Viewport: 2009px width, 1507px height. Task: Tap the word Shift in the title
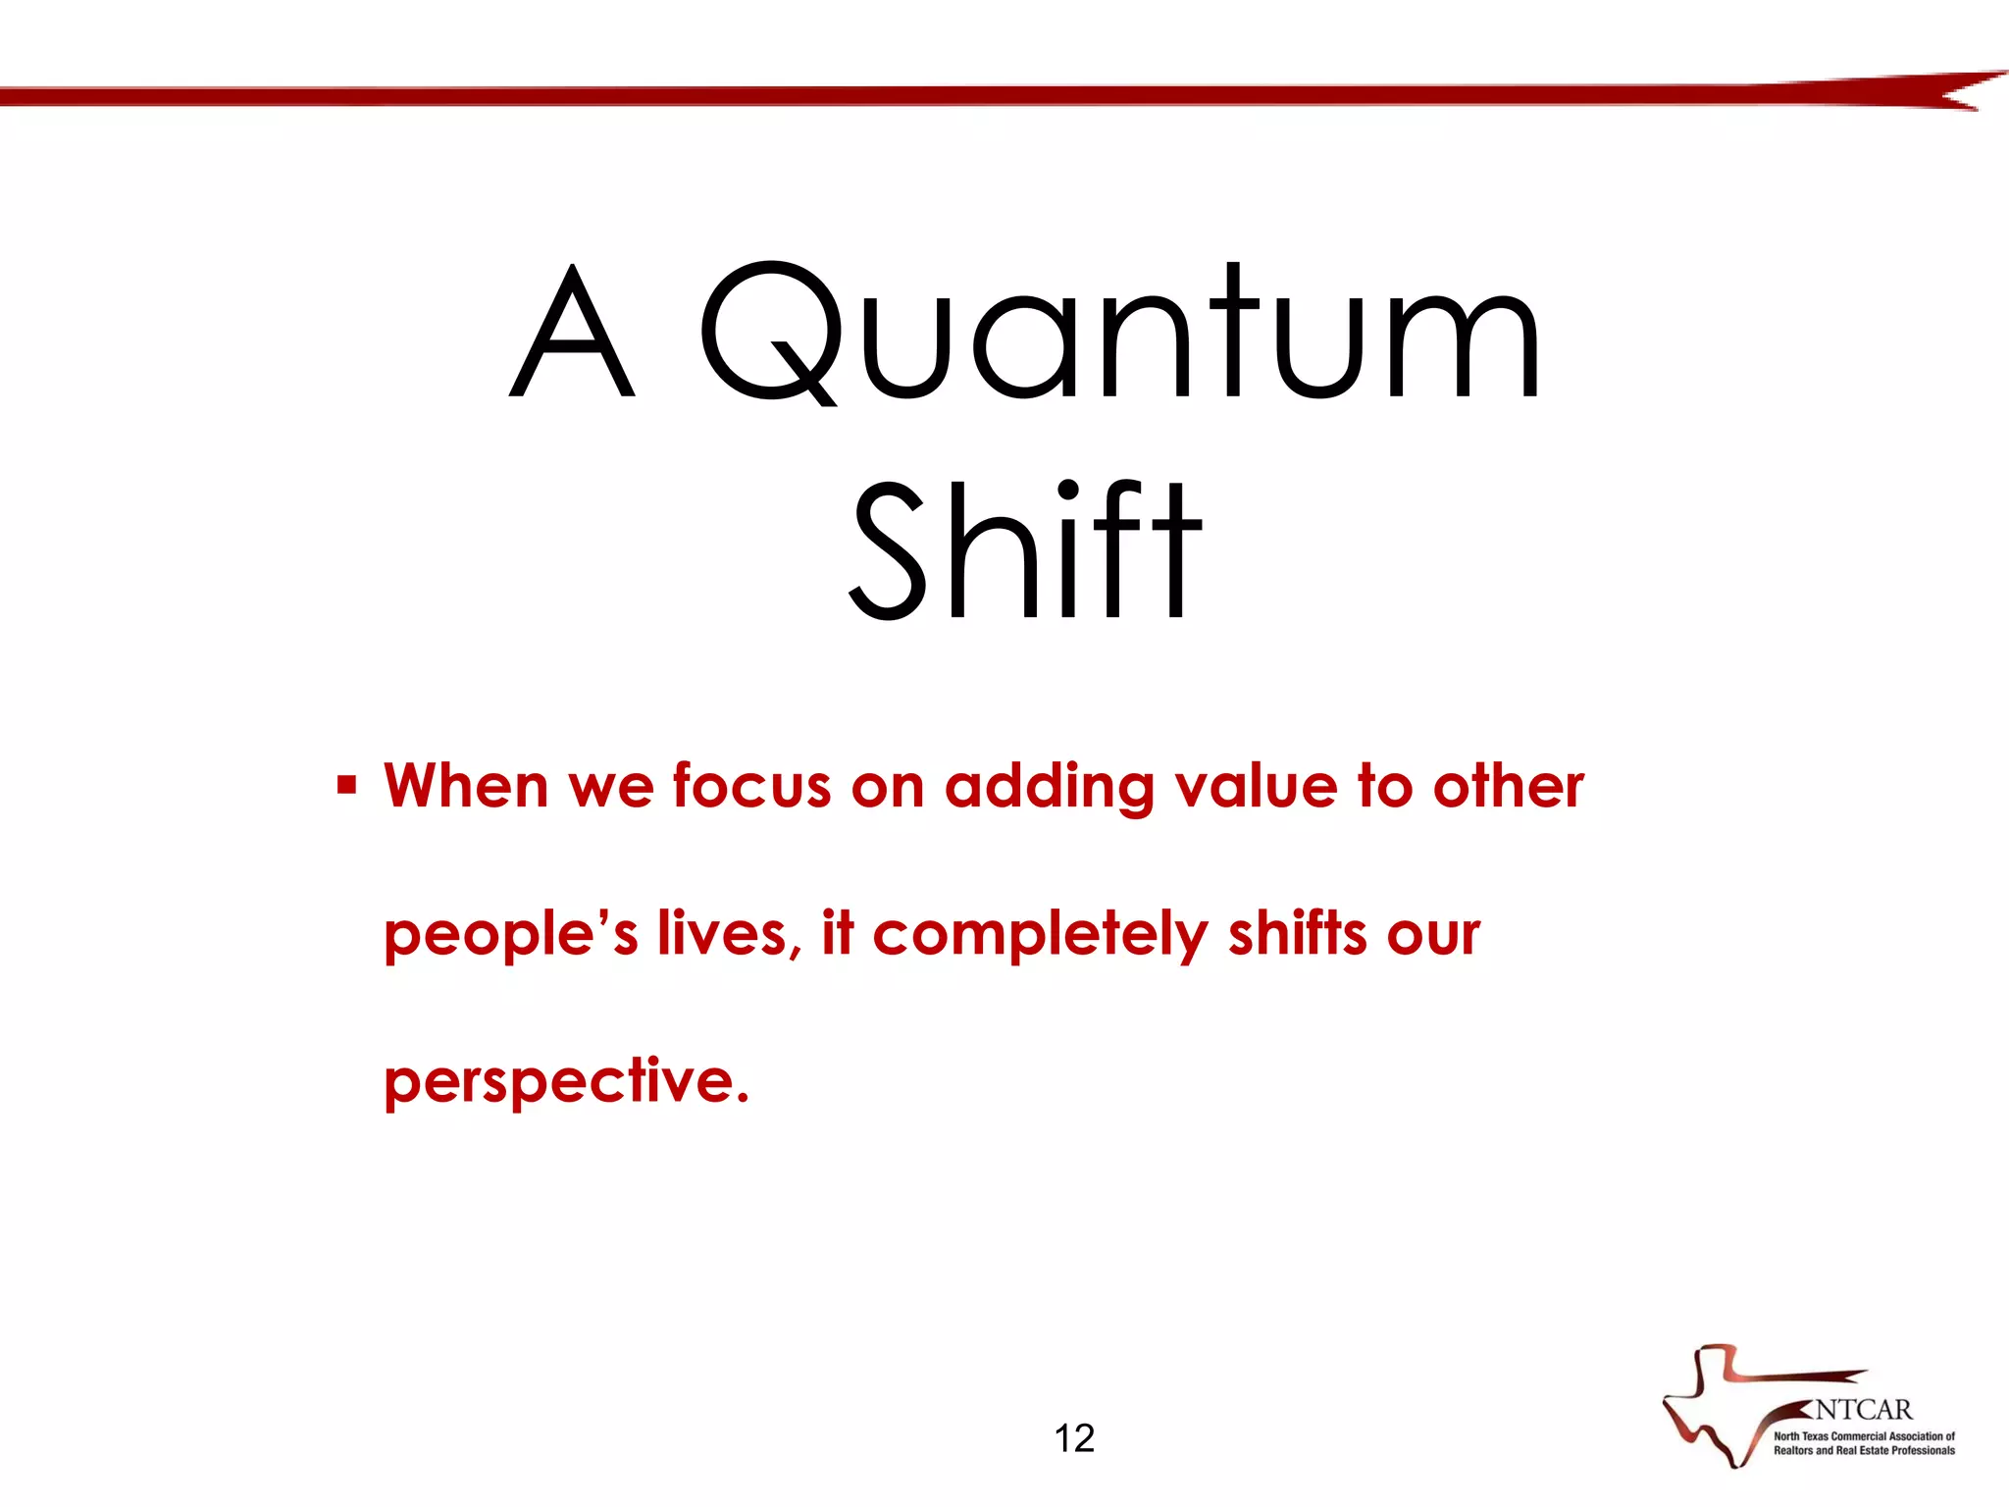1025,551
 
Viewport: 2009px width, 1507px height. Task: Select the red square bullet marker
346,785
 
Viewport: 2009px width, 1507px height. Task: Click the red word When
466,786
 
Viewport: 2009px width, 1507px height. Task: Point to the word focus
751,786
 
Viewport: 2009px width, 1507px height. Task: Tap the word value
1256,786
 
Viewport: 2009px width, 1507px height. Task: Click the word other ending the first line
1508,786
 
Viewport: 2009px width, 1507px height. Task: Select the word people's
510,935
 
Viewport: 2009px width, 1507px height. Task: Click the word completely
1040,935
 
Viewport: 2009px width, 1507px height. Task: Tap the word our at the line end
1433,935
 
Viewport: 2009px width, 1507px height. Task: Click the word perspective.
566,1082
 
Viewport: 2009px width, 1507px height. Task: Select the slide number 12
1074,1438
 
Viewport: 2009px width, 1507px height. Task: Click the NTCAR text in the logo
1862,1410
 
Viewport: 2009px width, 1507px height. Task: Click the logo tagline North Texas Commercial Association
1863,1436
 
